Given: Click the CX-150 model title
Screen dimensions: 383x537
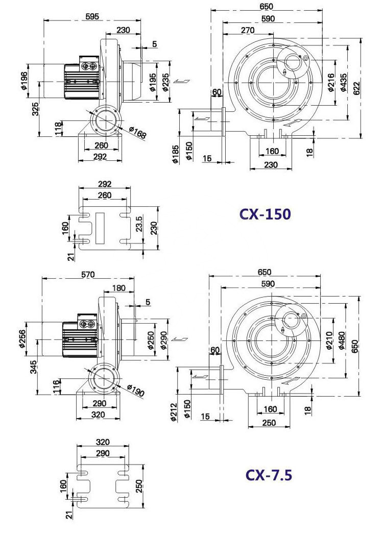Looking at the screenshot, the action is click(x=265, y=214).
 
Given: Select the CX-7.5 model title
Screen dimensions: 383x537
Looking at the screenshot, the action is click(x=269, y=475).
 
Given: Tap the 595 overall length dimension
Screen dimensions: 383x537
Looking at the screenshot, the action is click(x=92, y=16).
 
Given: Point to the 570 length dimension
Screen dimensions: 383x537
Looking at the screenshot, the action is click(x=88, y=275).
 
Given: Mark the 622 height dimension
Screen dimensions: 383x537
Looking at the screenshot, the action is click(x=356, y=89).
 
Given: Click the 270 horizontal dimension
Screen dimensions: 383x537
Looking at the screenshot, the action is click(x=248, y=30).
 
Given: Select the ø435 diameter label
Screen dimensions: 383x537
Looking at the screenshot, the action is click(x=344, y=83).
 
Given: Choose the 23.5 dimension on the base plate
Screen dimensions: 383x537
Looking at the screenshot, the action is click(x=139, y=224).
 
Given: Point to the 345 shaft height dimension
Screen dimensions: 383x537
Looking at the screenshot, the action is click(x=33, y=367).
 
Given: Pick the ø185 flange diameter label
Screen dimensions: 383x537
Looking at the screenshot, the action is click(x=175, y=154).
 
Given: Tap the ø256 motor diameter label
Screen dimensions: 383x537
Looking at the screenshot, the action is click(x=22, y=339).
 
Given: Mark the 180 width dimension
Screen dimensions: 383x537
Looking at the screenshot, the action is click(x=119, y=288).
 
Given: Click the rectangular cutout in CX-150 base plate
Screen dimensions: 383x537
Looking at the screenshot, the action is click(x=100, y=228).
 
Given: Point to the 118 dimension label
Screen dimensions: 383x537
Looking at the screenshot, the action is click(x=59, y=129).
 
